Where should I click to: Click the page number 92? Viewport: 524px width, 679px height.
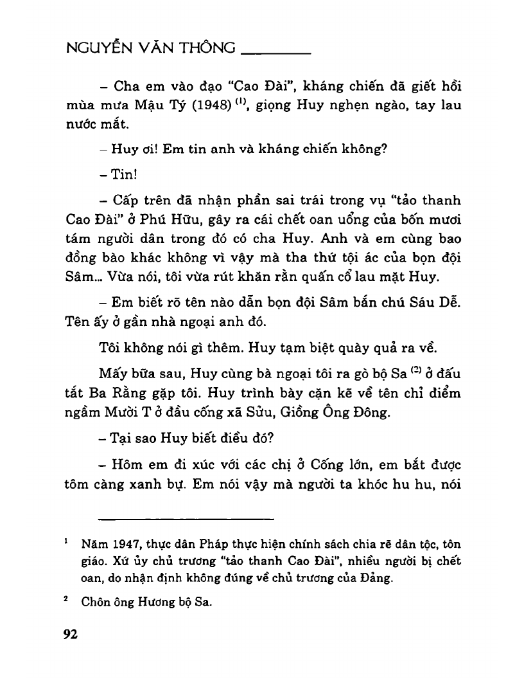click(x=70, y=635)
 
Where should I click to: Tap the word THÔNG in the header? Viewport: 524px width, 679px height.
click(x=206, y=50)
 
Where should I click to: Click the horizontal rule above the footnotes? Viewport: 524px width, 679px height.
click(x=186, y=518)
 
